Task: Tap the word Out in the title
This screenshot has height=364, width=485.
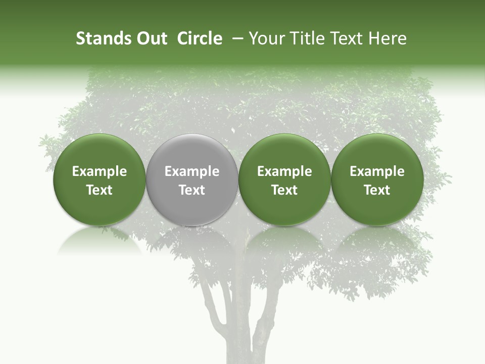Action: click(x=151, y=38)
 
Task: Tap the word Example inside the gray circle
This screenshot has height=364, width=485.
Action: click(x=192, y=171)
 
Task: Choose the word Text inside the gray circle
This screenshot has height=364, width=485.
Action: click(x=192, y=190)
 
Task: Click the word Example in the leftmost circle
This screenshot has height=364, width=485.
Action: click(x=99, y=171)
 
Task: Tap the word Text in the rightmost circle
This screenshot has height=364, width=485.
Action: click(x=377, y=190)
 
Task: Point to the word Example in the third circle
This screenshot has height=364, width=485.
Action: click(x=284, y=171)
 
